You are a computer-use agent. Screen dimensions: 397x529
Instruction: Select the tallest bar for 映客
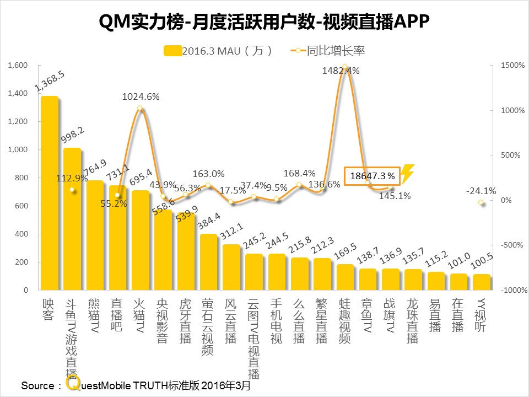(50, 193)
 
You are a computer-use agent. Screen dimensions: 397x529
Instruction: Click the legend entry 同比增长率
(335, 51)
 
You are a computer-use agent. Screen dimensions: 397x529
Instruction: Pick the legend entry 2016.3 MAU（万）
(219, 51)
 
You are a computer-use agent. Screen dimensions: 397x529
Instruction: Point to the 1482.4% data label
(341, 71)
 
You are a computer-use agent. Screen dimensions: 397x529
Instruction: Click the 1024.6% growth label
(141, 96)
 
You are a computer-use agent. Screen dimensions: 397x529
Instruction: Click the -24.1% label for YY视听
(481, 191)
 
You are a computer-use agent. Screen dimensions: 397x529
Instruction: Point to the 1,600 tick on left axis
(18, 66)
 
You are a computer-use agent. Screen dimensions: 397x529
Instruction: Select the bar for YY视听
(481, 282)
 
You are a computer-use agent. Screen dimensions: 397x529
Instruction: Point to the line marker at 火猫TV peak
(140, 109)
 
